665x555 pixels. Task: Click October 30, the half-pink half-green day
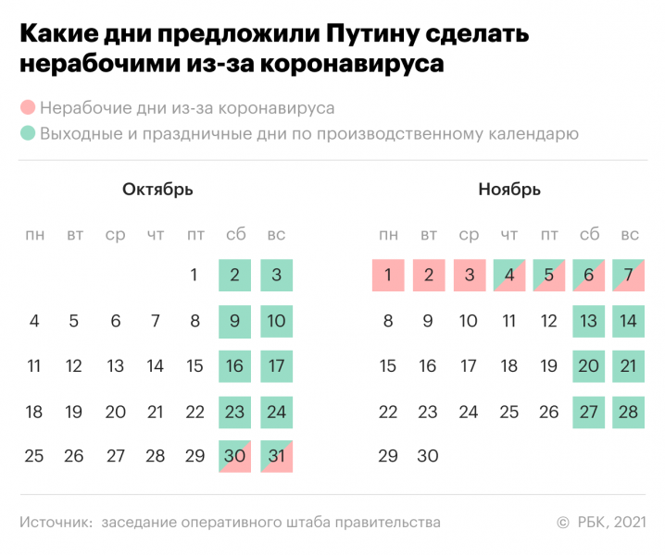pyautogui.click(x=235, y=456)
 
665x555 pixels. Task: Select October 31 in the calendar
pyautogui.click(x=276, y=456)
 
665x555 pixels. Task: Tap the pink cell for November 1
pyautogui.click(x=388, y=275)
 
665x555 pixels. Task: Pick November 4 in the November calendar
pyautogui.click(x=508, y=275)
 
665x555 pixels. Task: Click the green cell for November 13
pyautogui.click(x=589, y=321)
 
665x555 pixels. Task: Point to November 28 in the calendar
pyautogui.click(x=629, y=412)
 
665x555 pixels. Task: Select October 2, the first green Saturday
pyautogui.click(x=235, y=275)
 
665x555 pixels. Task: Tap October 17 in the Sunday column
pyautogui.click(x=276, y=366)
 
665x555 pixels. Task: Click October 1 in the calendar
pyautogui.click(x=194, y=275)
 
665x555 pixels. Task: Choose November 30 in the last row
pyautogui.click(x=428, y=456)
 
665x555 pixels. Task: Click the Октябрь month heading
pyautogui.click(x=157, y=190)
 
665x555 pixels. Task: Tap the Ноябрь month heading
pyautogui.click(x=509, y=190)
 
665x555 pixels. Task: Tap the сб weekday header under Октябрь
pyautogui.click(x=235, y=235)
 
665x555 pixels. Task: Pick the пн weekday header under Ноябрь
pyautogui.click(x=388, y=235)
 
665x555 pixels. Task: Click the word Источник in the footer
pyautogui.click(x=56, y=523)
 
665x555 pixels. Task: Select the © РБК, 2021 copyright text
pyautogui.click(x=602, y=523)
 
